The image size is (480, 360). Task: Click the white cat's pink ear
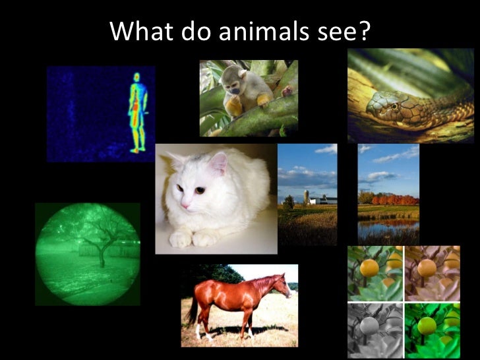tap(217, 163)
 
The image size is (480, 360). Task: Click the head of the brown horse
tap(284, 285)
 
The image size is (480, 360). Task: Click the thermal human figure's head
tap(137, 78)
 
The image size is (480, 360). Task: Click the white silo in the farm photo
tap(305, 196)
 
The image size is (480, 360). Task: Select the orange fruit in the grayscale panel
tap(369, 325)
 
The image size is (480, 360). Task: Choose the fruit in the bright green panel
tap(427, 325)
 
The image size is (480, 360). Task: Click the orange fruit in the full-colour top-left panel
tap(369, 268)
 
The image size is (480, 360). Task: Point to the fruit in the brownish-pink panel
tap(427, 268)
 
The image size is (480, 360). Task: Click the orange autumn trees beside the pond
tap(395, 199)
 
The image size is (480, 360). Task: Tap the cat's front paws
tap(191, 238)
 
